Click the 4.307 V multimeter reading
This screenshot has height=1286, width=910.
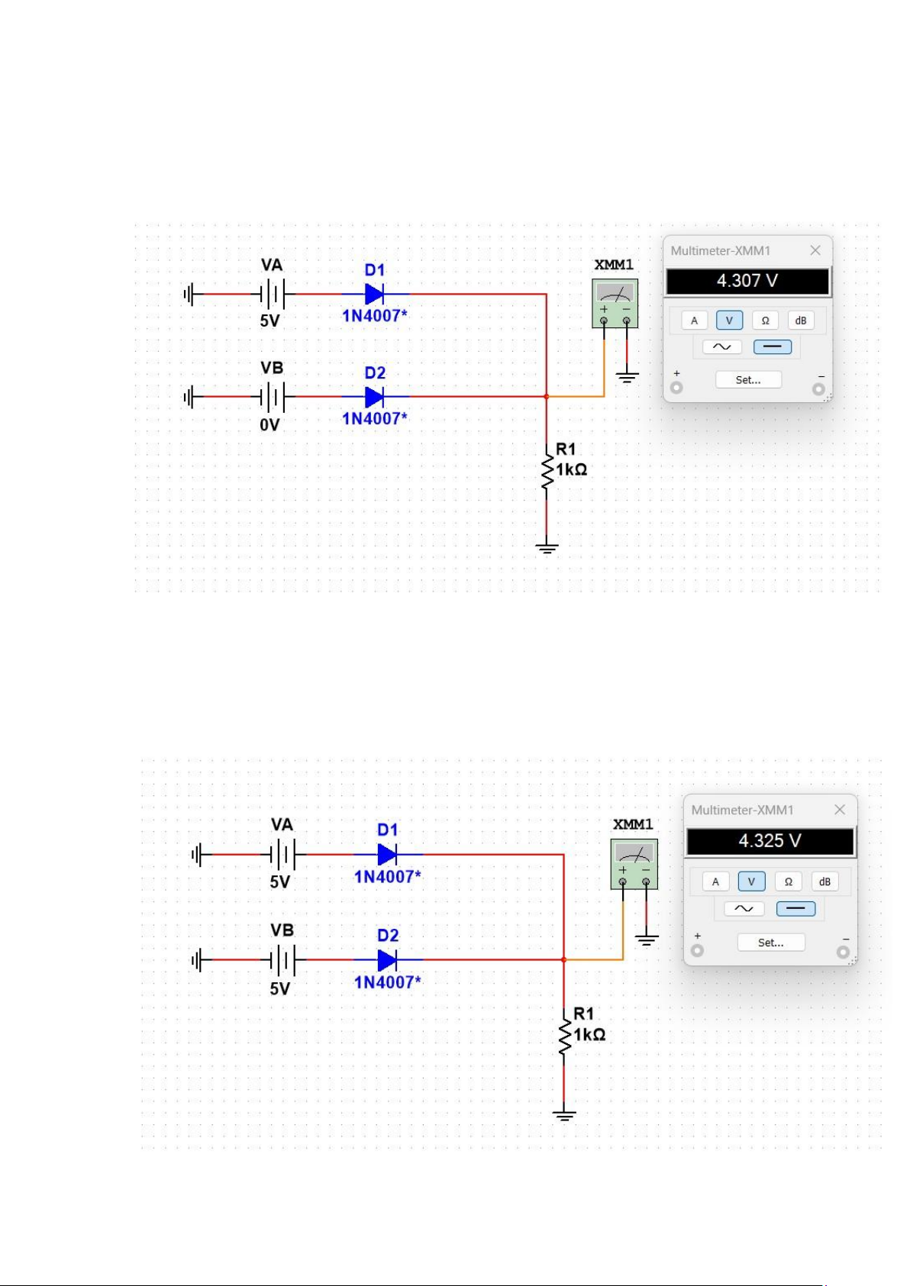click(x=747, y=281)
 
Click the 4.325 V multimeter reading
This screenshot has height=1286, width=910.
click(x=770, y=840)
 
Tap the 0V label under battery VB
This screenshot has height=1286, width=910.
click(x=269, y=425)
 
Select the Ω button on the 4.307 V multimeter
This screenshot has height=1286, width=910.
click(x=765, y=321)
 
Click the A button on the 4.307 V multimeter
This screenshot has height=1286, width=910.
click(x=694, y=321)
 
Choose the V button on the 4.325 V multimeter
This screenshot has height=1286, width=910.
click(x=751, y=882)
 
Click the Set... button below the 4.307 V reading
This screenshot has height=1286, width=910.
click(x=748, y=379)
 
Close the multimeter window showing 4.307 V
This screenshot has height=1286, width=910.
click(x=815, y=250)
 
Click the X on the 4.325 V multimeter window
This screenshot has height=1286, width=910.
click(x=839, y=810)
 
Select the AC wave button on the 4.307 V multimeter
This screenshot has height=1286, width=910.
click(x=721, y=346)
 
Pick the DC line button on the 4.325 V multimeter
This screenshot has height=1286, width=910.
click(x=795, y=908)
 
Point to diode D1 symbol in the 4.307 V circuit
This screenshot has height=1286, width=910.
click(x=374, y=294)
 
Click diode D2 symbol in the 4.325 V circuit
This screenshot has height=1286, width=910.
click(x=387, y=959)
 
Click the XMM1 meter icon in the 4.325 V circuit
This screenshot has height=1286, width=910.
click(x=634, y=864)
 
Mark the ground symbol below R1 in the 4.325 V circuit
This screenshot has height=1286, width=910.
click(x=564, y=1116)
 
